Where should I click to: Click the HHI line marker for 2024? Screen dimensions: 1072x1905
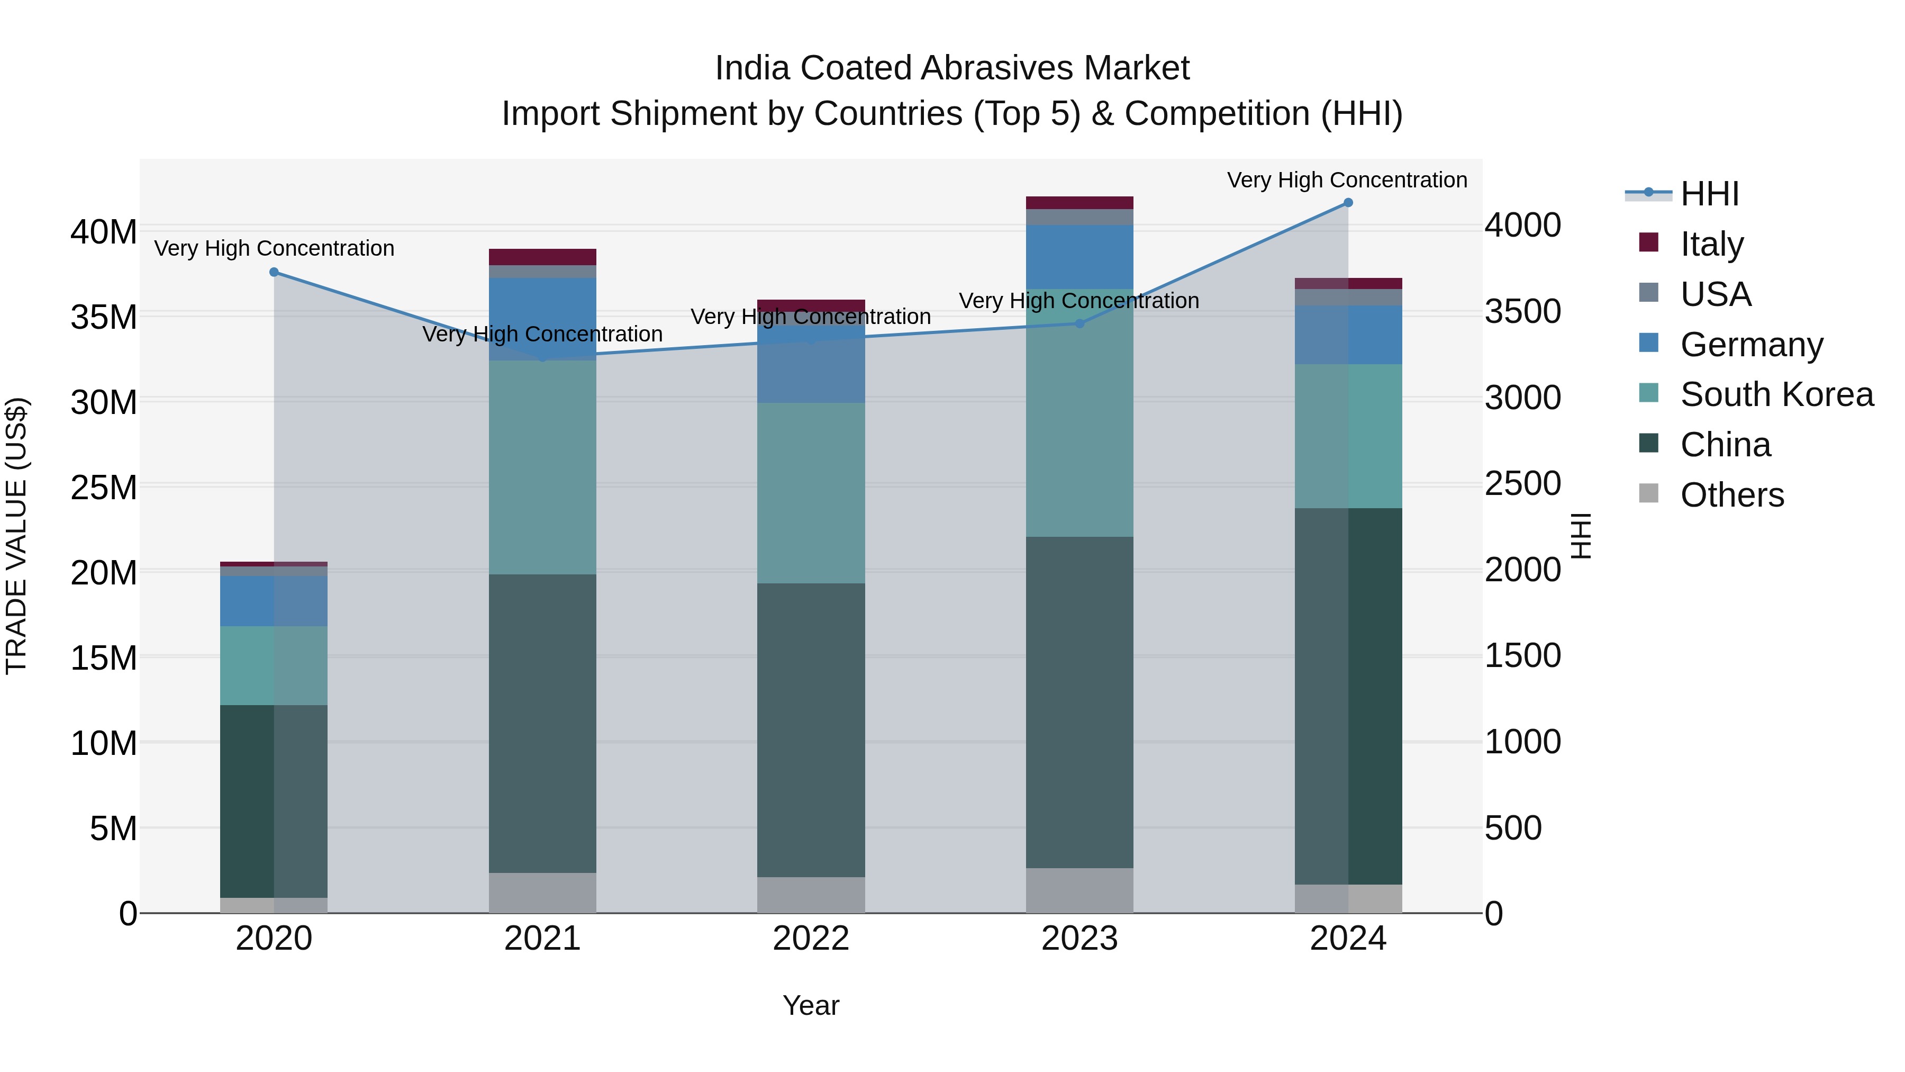(1347, 203)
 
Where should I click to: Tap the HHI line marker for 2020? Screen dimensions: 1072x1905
(274, 272)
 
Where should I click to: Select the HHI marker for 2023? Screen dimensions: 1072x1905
(1079, 323)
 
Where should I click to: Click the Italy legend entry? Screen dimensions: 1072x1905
(1711, 244)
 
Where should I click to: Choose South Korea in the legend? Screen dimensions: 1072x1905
(1776, 394)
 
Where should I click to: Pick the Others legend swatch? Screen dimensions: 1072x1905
(1648, 493)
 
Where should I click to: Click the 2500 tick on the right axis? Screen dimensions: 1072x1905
(1522, 484)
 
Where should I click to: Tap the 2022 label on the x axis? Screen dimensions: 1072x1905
(811, 939)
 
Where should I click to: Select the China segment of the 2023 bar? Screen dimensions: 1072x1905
(1079, 703)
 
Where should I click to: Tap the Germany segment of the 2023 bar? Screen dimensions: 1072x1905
(1079, 257)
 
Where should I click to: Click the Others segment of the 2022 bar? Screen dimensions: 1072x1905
(811, 895)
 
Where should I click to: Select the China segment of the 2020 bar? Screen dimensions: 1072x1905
(274, 801)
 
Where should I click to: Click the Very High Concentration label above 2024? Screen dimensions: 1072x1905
(1347, 180)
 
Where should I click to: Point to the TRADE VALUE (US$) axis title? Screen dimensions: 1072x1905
(16, 536)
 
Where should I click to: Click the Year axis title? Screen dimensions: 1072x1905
(811, 1005)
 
